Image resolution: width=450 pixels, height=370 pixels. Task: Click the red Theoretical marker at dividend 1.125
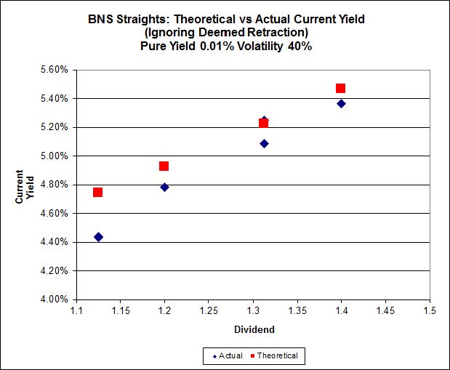tap(97, 192)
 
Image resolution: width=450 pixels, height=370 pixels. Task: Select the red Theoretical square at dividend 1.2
tap(164, 166)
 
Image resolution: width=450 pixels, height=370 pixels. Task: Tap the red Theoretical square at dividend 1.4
tap(340, 88)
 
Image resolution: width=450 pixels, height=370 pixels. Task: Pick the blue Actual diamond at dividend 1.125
tap(98, 236)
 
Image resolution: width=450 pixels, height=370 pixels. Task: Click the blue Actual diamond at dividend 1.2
tap(164, 187)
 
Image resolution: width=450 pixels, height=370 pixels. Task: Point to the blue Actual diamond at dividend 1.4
tap(341, 103)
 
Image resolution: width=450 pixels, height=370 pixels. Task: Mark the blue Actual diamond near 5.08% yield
tap(264, 143)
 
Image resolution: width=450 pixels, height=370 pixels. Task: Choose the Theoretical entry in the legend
tap(278, 355)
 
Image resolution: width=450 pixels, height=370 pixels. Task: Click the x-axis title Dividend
tap(254, 329)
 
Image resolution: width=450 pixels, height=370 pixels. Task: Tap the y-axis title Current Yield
tap(25, 185)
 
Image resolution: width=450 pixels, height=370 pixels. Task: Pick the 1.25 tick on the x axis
tap(209, 310)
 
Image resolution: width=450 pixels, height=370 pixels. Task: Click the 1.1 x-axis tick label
tap(76, 310)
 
